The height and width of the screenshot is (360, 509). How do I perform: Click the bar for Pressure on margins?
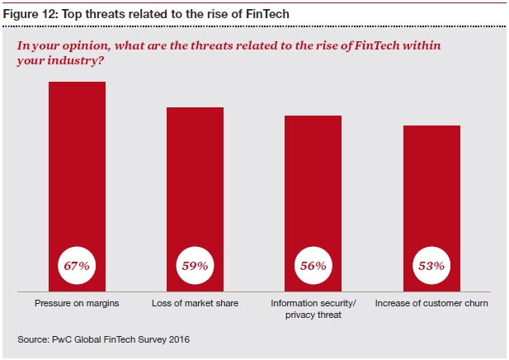pos(78,165)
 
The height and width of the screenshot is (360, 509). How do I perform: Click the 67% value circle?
pos(78,266)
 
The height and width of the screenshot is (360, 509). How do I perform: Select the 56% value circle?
pos(313,266)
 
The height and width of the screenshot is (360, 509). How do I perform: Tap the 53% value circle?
pos(431,266)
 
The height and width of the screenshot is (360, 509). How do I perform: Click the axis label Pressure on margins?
pos(78,304)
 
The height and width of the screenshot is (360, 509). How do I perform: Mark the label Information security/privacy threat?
pos(313,309)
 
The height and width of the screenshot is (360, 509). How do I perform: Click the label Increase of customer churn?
pos(431,304)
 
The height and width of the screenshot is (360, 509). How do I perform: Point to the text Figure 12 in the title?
pos(29,15)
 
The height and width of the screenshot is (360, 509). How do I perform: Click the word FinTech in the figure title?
pos(268,15)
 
